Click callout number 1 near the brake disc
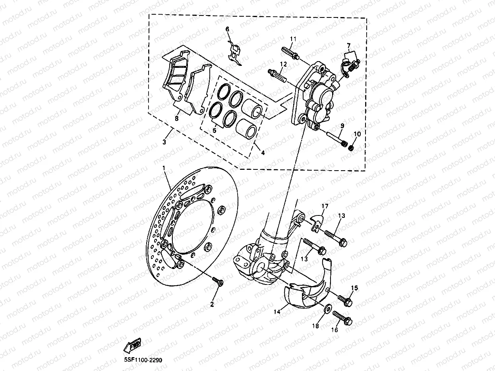click(x=163, y=168)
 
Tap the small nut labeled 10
click(x=351, y=148)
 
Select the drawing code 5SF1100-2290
click(x=141, y=360)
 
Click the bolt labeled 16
click(x=342, y=317)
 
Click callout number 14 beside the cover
click(x=277, y=312)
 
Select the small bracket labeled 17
click(x=317, y=223)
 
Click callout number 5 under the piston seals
click(x=214, y=130)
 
